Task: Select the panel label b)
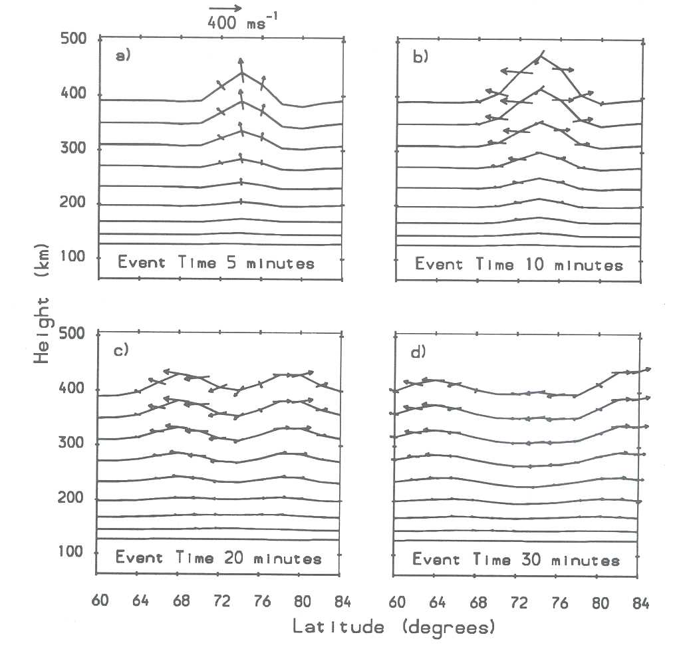[420, 57]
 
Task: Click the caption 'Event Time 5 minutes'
[215, 263]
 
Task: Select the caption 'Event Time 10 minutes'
[519, 264]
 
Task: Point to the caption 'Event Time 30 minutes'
[516, 559]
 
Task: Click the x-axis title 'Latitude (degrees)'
[384, 626]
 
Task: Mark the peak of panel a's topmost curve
[241, 72]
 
